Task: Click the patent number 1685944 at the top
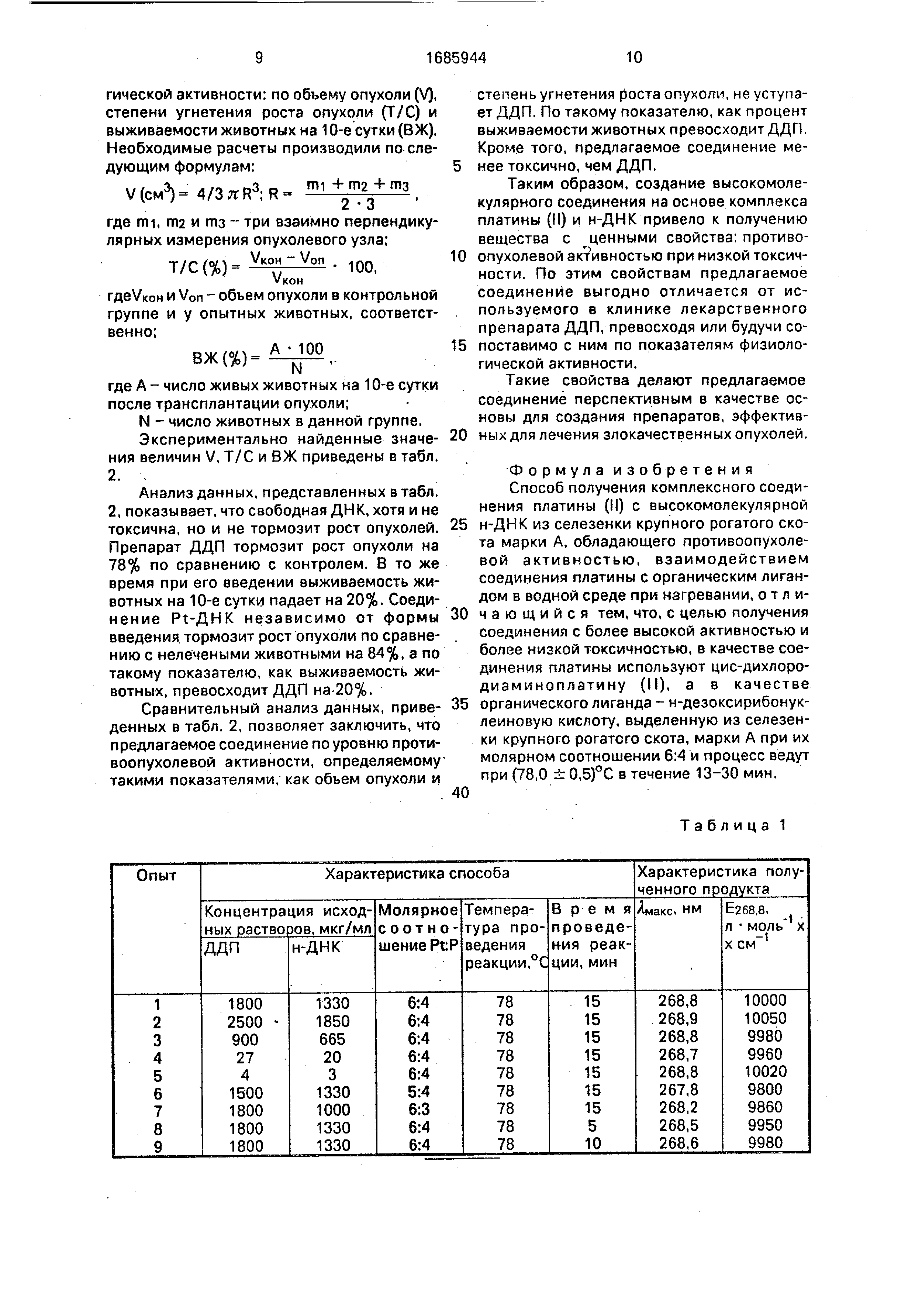click(456, 58)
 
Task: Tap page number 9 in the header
click(259, 58)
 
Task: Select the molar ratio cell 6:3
click(419, 1110)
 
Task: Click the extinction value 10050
click(764, 1021)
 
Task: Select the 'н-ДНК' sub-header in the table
click(317, 948)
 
